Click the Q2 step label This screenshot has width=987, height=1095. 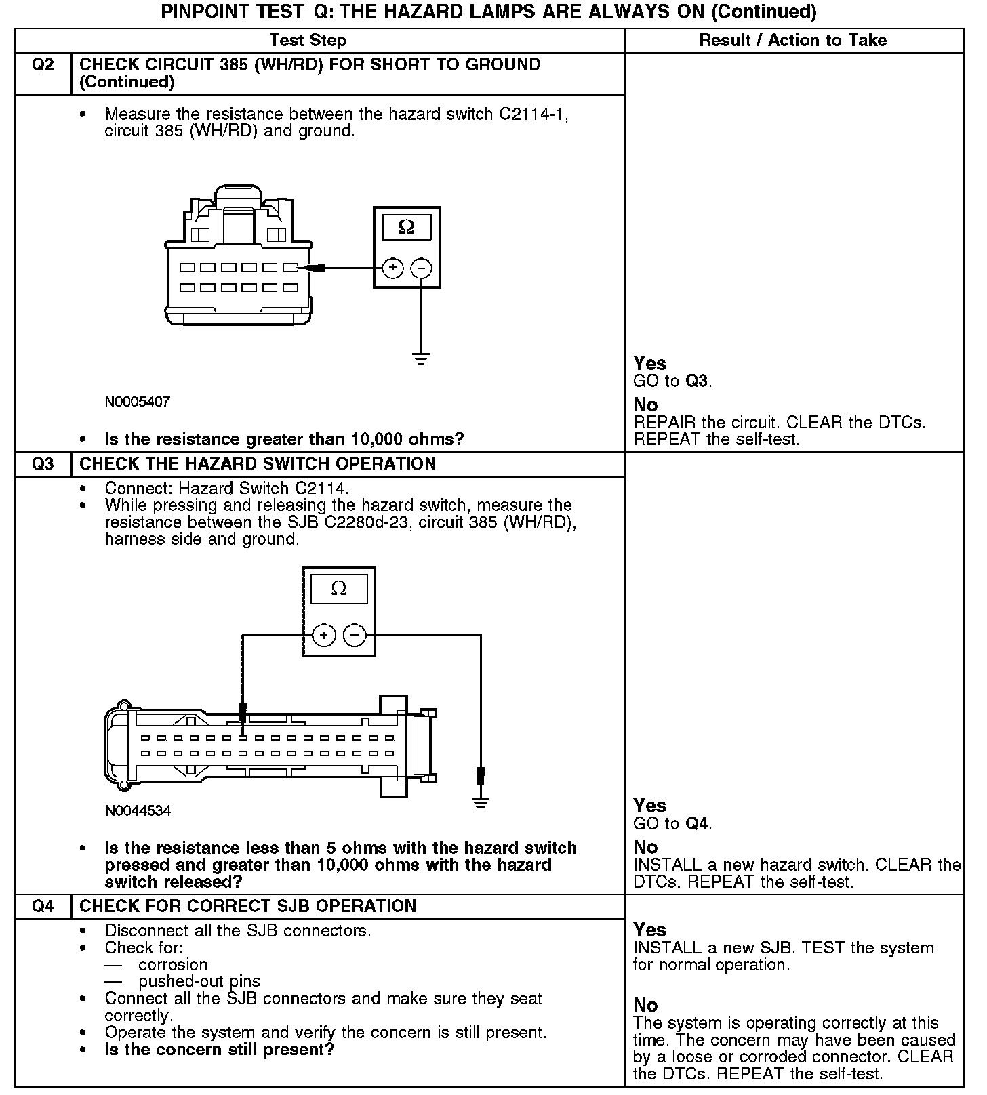pyautogui.click(x=43, y=65)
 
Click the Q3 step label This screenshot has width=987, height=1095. pyautogui.click(x=43, y=464)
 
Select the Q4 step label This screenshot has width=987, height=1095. pyautogui.click(x=43, y=907)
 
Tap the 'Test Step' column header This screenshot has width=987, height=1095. pyautogui.click(x=308, y=41)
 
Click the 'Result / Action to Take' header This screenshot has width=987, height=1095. pyautogui.click(x=792, y=41)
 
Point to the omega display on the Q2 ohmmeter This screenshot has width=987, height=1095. pyautogui.click(x=407, y=227)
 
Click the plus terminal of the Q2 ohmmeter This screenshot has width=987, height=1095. pyautogui.click(x=392, y=268)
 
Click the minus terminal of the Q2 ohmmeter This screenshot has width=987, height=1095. pyautogui.click(x=422, y=268)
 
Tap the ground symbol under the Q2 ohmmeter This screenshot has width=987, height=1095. pyautogui.click(x=422, y=359)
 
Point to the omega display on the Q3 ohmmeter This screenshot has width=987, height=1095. pyautogui.click(x=339, y=589)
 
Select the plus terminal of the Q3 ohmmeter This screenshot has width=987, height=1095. pyautogui.click(x=324, y=636)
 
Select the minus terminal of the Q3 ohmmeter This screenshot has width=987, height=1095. pyautogui.click(x=355, y=636)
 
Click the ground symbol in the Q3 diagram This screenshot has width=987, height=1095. pyautogui.click(x=481, y=803)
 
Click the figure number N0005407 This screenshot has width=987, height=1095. pyautogui.click(x=138, y=402)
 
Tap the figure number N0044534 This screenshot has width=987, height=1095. pyautogui.click(x=138, y=810)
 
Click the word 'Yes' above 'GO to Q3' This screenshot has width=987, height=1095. pyautogui.click(x=649, y=363)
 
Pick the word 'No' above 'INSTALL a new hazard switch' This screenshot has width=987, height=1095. pyautogui.click(x=645, y=847)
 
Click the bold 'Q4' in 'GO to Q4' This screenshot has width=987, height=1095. pyautogui.click(x=696, y=824)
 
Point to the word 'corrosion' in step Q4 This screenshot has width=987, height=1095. pyautogui.click(x=173, y=964)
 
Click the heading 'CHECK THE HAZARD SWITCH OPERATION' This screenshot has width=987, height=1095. pyautogui.click(x=258, y=464)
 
